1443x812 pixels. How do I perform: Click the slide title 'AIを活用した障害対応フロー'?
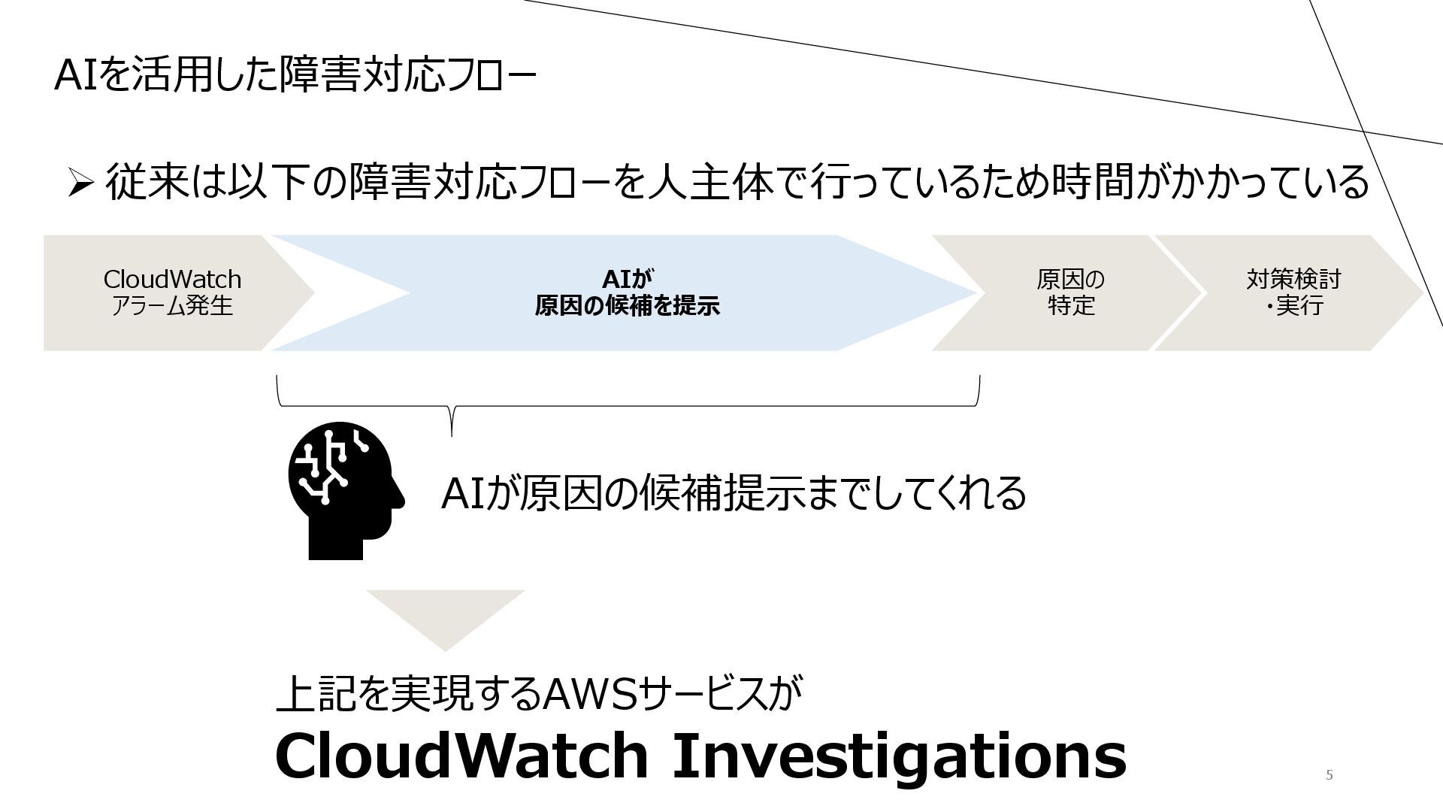click(x=295, y=76)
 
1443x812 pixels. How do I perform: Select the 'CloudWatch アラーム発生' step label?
click(x=172, y=292)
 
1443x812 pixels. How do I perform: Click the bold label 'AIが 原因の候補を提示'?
click(x=627, y=292)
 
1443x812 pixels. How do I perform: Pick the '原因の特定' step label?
click(x=1070, y=292)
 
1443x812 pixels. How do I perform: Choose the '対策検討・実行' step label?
click(x=1293, y=292)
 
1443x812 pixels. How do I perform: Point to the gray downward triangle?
click(x=445, y=617)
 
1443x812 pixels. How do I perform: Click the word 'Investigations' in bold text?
click(x=898, y=756)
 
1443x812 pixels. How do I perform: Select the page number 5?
click(x=1329, y=775)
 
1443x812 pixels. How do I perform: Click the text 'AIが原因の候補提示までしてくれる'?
click(x=733, y=494)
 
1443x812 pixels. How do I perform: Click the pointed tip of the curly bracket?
click(x=452, y=432)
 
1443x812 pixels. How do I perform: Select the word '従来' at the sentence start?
click(x=147, y=183)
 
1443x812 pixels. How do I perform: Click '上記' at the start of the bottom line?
click(x=316, y=693)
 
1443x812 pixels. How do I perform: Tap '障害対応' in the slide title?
click(x=361, y=76)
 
